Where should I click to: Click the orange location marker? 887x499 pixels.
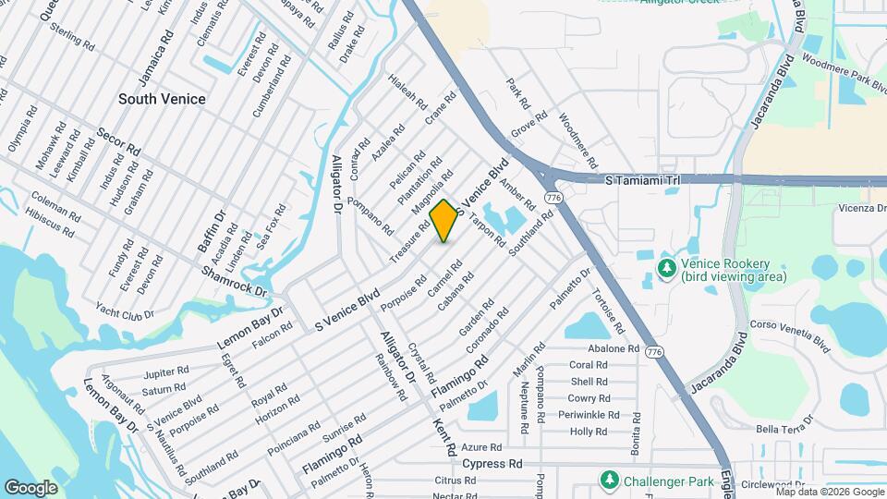[444, 221]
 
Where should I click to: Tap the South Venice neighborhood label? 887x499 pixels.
[162, 99]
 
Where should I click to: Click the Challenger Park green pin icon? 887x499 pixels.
[609, 481]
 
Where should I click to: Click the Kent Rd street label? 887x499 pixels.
[444, 436]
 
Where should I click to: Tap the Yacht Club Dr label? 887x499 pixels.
[126, 303]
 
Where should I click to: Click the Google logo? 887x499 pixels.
[30, 486]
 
